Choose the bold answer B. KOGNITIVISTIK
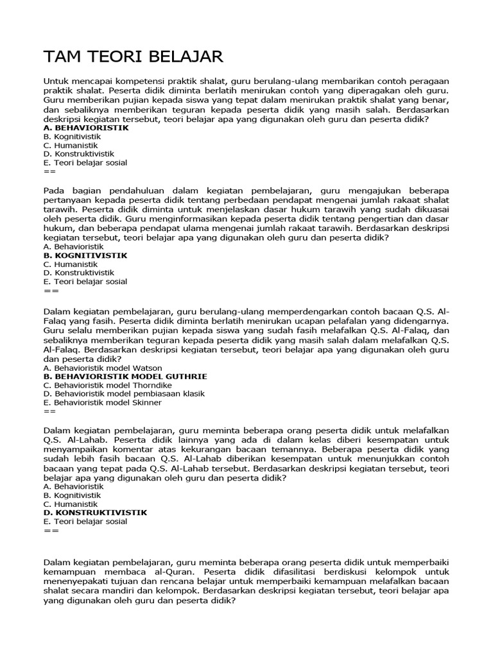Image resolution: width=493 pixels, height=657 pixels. pos(85,255)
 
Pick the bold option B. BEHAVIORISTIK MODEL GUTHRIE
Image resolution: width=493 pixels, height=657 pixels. pos(125,376)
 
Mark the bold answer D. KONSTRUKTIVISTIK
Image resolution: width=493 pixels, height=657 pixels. pos(96,513)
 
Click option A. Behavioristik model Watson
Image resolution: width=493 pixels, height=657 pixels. pos(102,368)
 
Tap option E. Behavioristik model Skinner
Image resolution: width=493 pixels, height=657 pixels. pos(103,402)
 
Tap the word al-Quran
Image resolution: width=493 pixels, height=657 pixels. pos(179,571)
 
